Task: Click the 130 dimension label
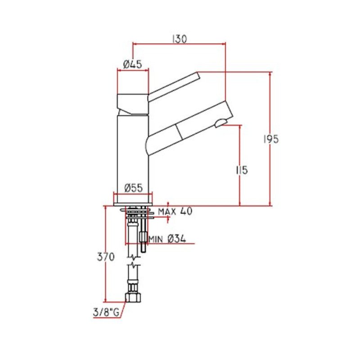point(179,39)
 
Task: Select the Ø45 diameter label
point(133,64)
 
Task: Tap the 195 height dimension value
point(271,139)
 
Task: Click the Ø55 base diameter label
point(133,187)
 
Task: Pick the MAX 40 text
point(175,211)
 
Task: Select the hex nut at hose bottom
point(133,297)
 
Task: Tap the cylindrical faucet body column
point(133,153)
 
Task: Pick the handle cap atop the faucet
point(132,102)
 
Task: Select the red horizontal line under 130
point(179,44)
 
